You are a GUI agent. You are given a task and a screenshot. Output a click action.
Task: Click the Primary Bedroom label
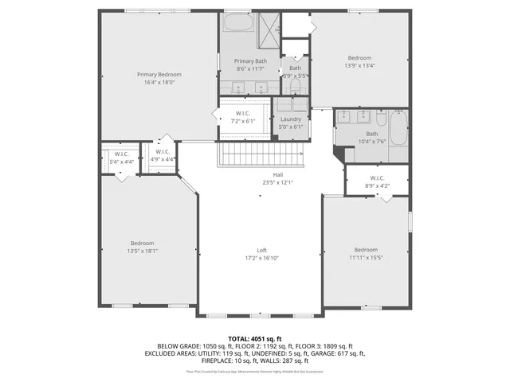pos(159,74)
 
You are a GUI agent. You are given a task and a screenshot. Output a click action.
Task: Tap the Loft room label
pos(261,250)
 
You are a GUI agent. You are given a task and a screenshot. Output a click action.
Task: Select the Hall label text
pos(278,174)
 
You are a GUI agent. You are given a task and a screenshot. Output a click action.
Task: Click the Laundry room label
pos(292,119)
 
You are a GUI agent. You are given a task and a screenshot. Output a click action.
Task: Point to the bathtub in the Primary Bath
pos(237,22)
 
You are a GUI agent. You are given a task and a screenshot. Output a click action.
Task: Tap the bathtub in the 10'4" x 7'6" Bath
pos(398,127)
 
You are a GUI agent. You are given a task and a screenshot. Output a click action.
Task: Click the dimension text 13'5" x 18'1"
pos(143,251)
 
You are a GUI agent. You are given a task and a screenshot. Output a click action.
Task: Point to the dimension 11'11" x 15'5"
pos(366,257)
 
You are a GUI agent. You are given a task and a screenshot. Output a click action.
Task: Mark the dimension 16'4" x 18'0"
pos(159,82)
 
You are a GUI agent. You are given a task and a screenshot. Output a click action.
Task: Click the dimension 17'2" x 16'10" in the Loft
pos(261,258)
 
